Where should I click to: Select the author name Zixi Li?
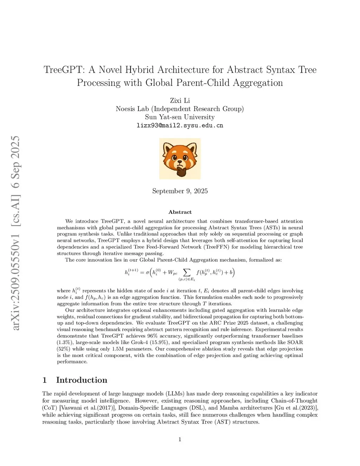[180, 101]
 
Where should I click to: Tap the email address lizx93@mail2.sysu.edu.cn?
[180, 126]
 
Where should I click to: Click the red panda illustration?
[180, 159]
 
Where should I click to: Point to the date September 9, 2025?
[180, 191]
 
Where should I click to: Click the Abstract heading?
[180, 212]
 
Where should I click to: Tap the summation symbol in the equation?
[187, 273]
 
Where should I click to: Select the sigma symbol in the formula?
[147, 273]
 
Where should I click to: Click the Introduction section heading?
[81, 380]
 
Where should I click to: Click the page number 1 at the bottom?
[180, 439]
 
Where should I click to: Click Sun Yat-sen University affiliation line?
[180, 117]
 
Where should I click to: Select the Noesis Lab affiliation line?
[180, 109]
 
